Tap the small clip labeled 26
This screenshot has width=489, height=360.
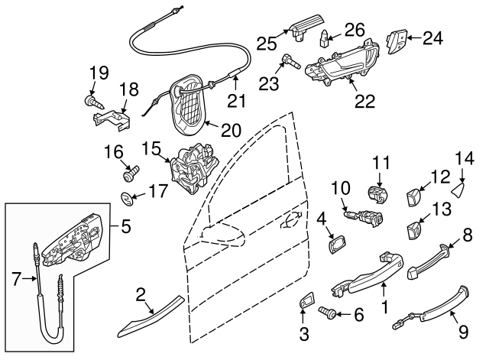click(325, 37)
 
